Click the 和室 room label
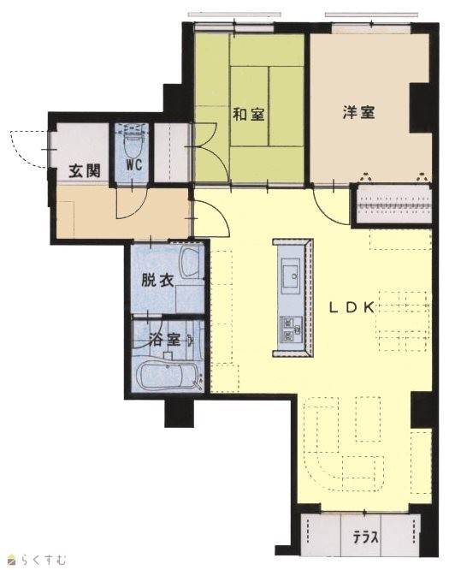249,115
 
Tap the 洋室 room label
358,112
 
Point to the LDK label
352,308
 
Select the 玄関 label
85,171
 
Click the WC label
133,165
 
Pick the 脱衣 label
157,281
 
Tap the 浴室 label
165,340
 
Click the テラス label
366,537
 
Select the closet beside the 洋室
393,205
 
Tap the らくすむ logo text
42,560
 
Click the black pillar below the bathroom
179,413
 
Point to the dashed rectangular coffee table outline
368,419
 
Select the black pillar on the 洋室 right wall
420,108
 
